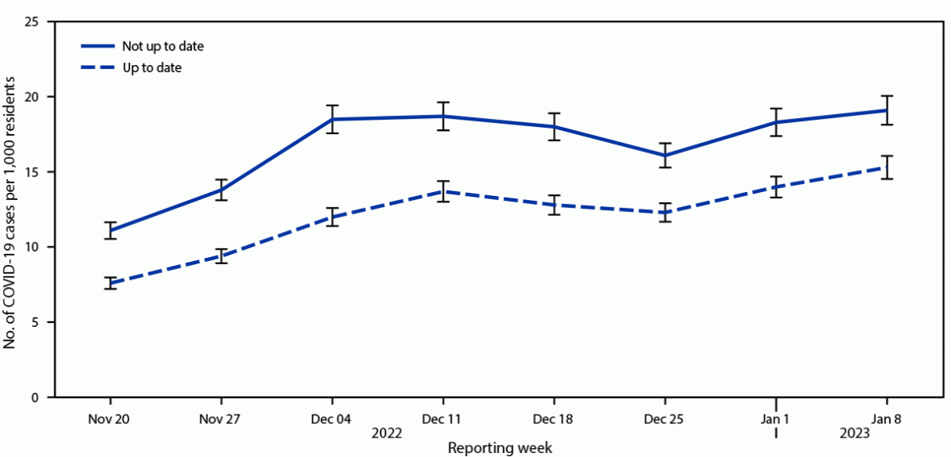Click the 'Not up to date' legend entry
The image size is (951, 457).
pyautogui.click(x=162, y=46)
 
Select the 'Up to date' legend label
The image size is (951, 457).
pyautogui.click(x=151, y=67)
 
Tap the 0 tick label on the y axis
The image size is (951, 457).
pyautogui.click(x=36, y=398)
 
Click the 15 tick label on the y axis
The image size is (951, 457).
pyautogui.click(x=32, y=172)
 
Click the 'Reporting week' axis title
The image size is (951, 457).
pyautogui.click(x=499, y=447)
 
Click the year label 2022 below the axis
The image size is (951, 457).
pyautogui.click(x=387, y=434)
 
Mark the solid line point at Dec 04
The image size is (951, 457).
pyautogui.click(x=332, y=119)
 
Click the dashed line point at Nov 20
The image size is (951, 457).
pyautogui.click(x=110, y=284)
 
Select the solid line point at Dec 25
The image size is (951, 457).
pyautogui.click(x=664, y=155)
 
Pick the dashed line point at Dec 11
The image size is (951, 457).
pyautogui.click(x=443, y=191)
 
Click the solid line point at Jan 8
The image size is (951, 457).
pyautogui.click(x=887, y=110)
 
